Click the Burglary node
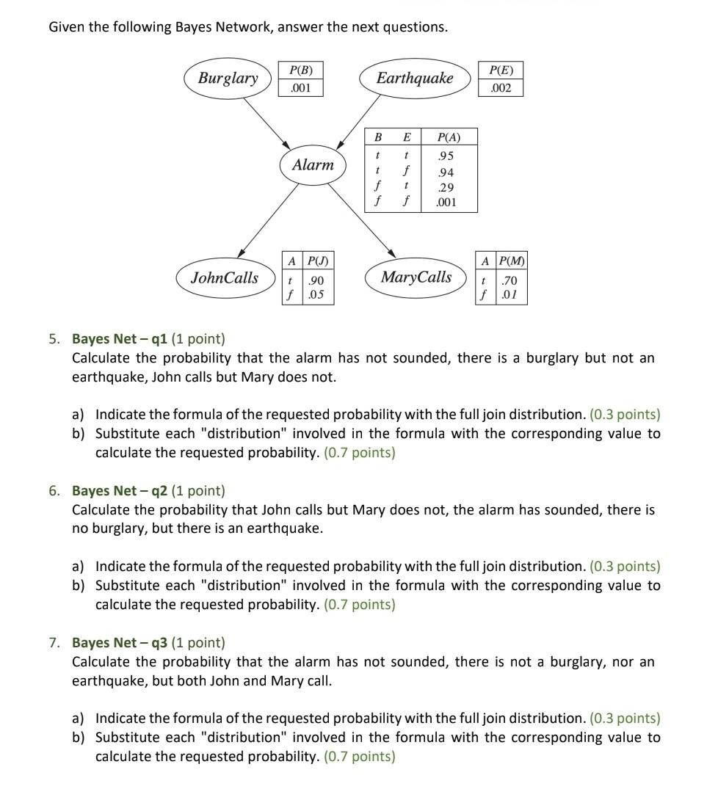[228, 79]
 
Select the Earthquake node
[415, 79]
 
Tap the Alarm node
[313, 165]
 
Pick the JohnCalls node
[225, 277]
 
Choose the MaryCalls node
[416, 277]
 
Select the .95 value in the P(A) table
[445, 156]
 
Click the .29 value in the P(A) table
[445, 187]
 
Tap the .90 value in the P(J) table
[316, 280]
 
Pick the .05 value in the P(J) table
[316, 295]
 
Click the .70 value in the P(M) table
[510, 280]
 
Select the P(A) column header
[448, 137]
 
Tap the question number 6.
[54, 491]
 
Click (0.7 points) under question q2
[359, 605]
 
